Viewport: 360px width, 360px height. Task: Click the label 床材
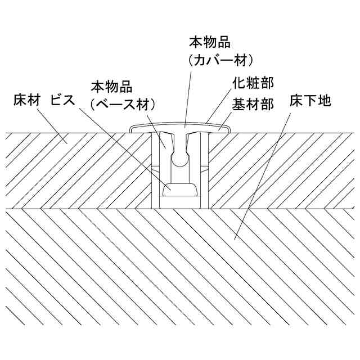tap(26, 101)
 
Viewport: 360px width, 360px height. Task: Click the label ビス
tap(61, 101)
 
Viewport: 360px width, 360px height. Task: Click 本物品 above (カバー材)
tap(210, 42)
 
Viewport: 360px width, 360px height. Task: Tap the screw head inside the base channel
tap(181, 189)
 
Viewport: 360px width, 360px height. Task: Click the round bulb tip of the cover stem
tap(181, 159)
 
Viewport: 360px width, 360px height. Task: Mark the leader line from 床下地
tap(264, 174)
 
